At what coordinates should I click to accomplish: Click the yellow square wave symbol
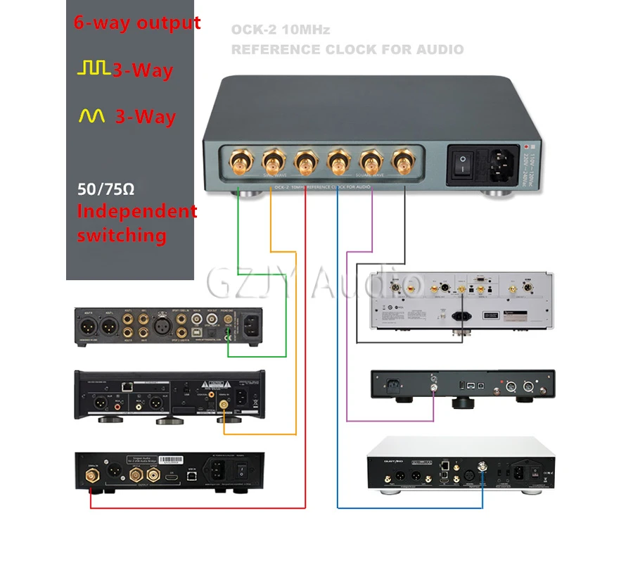94,68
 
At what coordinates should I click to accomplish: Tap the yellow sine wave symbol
92,116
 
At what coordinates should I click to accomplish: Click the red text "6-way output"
137,23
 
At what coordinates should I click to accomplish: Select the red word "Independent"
137,210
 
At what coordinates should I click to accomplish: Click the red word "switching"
122,234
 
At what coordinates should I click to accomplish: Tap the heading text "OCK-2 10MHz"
280,30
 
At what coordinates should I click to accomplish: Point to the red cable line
305,352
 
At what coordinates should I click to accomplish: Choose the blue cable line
338,352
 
